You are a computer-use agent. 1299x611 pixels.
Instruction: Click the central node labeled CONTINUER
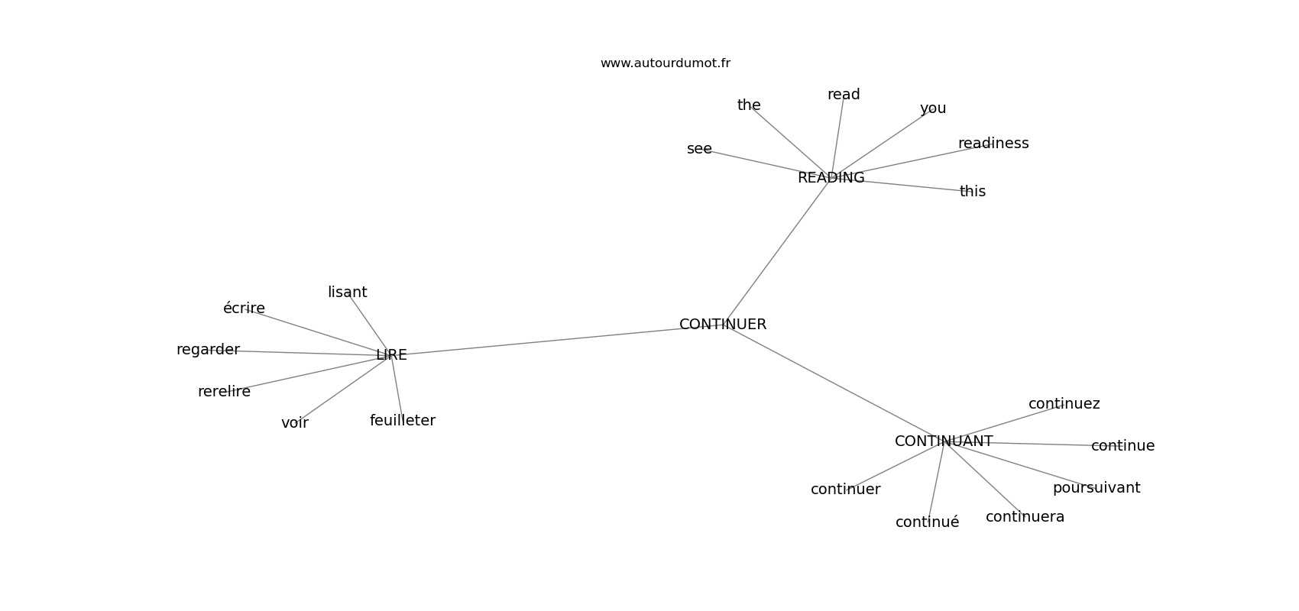[723, 325]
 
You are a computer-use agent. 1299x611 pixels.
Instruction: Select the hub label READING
[831, 178]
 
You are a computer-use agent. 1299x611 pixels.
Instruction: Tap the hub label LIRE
[391, 355]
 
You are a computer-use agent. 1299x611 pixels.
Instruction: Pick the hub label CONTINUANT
[944, 441]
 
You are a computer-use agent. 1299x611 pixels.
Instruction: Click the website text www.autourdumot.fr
[665, 63]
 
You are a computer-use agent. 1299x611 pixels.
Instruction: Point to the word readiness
[993, 143]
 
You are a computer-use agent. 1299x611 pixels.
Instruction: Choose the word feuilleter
[403, 420]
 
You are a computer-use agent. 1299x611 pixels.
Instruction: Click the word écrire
[245, 308]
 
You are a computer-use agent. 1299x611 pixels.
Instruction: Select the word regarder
[208, 350]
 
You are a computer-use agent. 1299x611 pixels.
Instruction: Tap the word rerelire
[225, 392]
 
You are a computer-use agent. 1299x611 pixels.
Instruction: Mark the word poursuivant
[1097, 488]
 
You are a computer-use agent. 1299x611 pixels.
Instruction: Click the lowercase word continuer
[846, 490]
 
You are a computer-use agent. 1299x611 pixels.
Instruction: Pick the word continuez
[1064, 403]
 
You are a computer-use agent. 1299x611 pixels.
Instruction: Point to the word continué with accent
[928, 522]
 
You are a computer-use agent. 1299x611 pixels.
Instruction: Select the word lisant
[348, 293]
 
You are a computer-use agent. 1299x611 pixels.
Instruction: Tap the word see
[699, 149]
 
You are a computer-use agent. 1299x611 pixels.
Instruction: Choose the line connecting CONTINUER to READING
[777, 251]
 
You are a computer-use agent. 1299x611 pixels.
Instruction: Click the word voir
[295, 423]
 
